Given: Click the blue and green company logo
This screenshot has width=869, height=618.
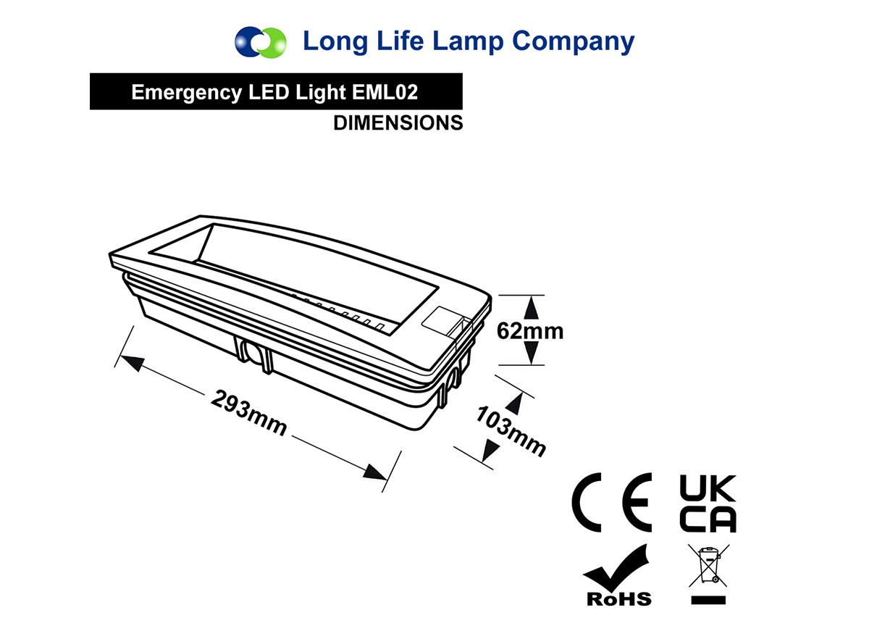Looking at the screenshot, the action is [x=261, y=42].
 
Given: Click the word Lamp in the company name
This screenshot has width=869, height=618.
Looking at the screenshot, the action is [x=468, y=41].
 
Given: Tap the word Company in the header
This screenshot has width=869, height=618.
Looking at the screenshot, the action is [x=574, y=42].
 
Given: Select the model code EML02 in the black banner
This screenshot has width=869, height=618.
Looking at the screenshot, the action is [x=385, y=92].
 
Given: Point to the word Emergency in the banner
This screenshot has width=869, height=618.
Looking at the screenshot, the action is [x=187, y=93].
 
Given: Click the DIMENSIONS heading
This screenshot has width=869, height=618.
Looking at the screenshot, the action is [x=398, y=123].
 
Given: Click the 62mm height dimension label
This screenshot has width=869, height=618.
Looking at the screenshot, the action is [x=530, y=331].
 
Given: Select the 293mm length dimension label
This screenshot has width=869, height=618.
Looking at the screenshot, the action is [x=248, y=413].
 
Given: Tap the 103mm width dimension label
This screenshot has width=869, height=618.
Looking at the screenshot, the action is [x=511, y=430].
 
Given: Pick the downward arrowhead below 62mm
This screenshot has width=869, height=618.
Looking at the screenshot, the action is [x=531, y=354].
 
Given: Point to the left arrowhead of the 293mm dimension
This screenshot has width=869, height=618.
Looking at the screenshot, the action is [x=131, y=362].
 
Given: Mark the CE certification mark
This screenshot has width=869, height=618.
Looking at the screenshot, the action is [x=611, y=502].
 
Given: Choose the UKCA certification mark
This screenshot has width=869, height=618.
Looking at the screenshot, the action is [x=708, y=503].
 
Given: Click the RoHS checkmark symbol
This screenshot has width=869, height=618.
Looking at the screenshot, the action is [x=617, y=575].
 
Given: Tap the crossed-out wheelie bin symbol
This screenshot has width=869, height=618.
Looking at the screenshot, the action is [x=708, y=566].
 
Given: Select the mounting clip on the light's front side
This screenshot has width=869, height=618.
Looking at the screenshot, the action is [x=254, y=354].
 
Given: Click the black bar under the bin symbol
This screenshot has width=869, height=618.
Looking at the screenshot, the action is [x=708, y=600].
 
